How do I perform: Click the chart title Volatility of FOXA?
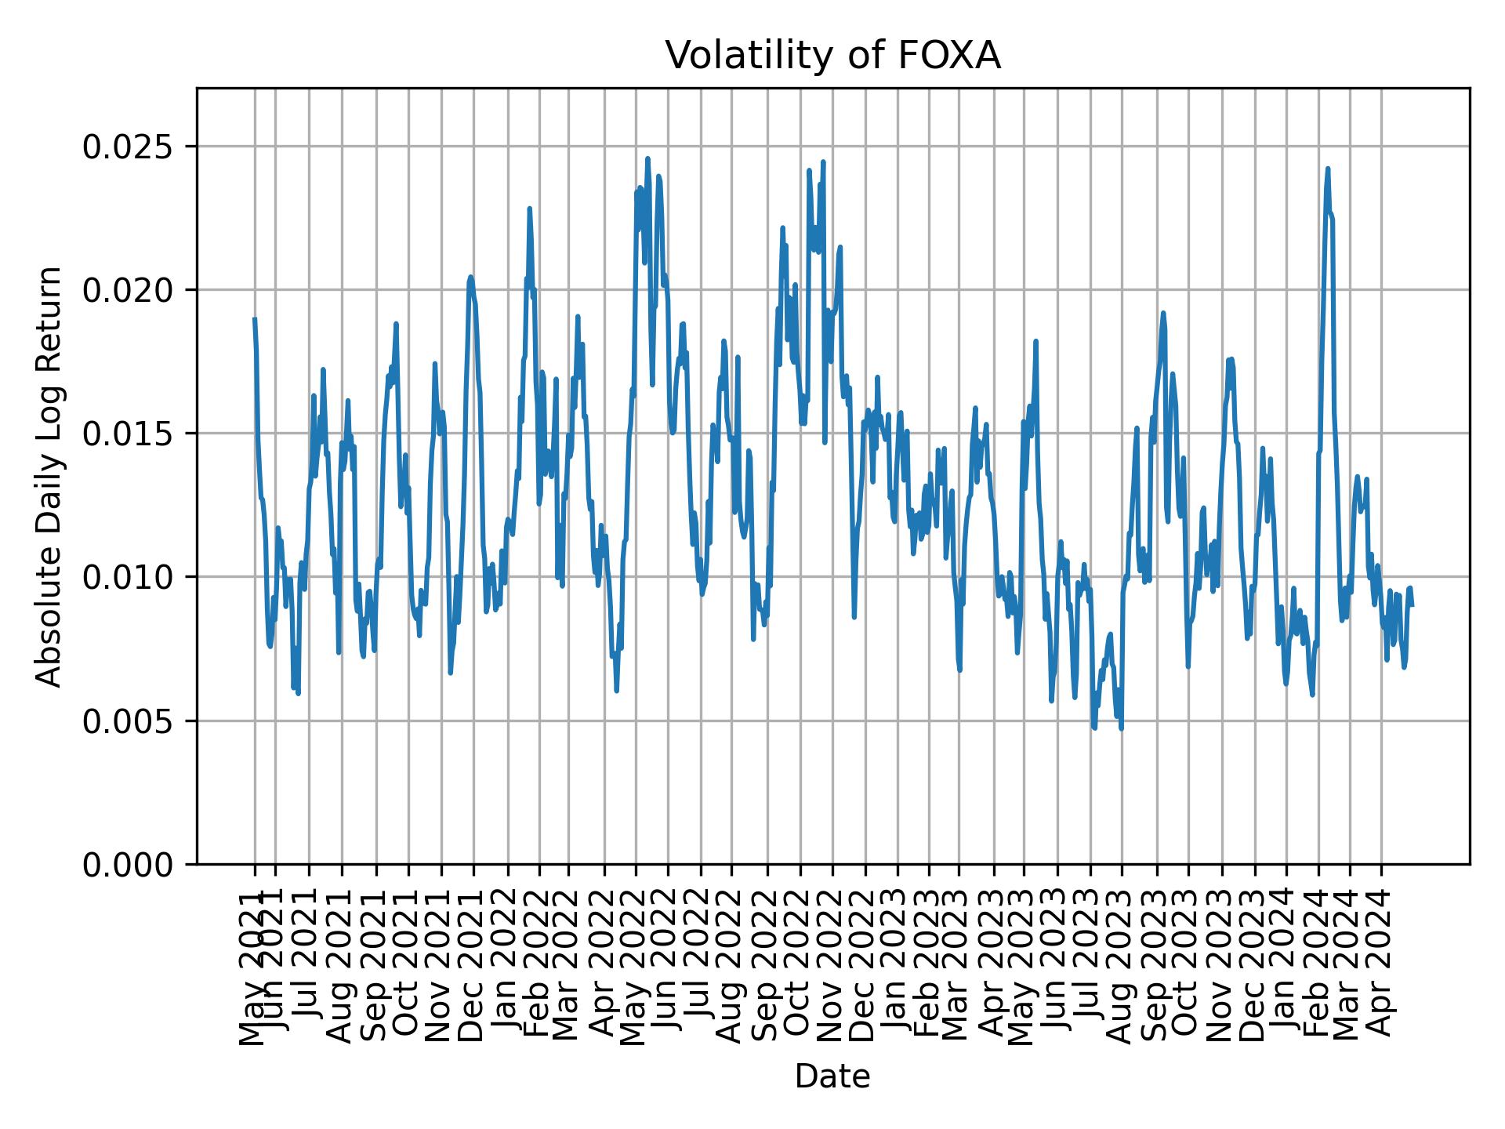(x=832, y=56)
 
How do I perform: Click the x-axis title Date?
(x=832, y=1076)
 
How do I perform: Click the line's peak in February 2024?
(x=1327, y=169)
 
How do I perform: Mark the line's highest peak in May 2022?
(x=647, y=158)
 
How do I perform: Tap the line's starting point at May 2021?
(x=255, y=318)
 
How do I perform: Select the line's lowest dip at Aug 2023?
(x=1122, y=728)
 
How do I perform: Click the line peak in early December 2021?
(x=470, y=276)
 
